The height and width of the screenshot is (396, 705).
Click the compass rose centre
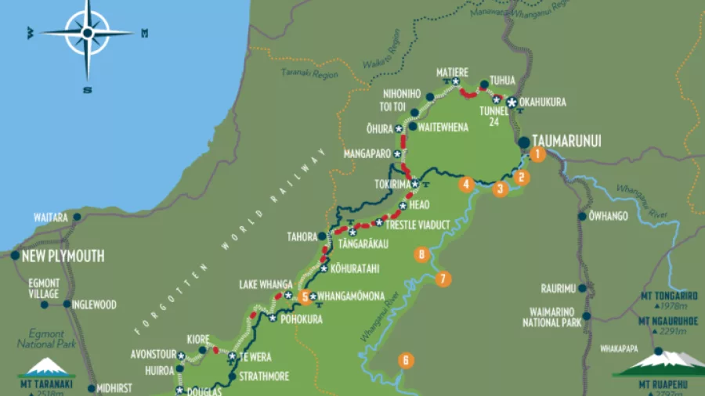click(88, 33)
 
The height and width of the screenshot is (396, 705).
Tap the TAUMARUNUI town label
click(566, 142)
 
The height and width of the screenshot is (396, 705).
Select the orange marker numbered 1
click(537, 154)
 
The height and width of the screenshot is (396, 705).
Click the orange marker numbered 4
click(467, 185)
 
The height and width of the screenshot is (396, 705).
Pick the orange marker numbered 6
click(406, 361)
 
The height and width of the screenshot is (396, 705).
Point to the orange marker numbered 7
click(443, 279)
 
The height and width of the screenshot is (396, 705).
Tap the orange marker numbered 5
click(304, 296)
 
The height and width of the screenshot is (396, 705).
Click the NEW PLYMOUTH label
click(63, 256)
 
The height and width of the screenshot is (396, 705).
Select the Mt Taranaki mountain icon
click(47, 367)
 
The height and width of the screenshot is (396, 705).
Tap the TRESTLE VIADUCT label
click(418, 225)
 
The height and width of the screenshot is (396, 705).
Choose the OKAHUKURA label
click(542, 103)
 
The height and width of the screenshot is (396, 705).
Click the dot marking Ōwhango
click(582, 216)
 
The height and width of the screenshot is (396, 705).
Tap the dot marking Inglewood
click(67, 304)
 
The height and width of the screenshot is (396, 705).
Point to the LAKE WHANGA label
click(266, 284)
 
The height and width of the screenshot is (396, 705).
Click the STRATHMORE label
click(264, 376)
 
